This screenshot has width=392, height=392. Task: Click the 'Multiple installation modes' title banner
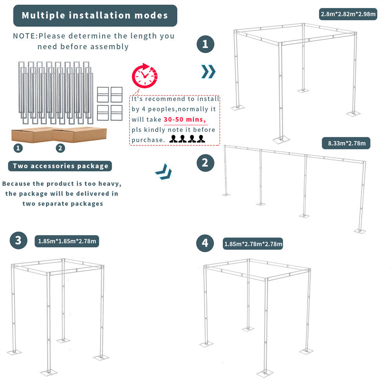pyautogui.click(x=95, y=16)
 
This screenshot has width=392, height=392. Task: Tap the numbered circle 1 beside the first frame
pyautogui.click(x=205, y=44)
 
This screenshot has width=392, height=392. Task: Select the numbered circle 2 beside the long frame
pyautogui.click(x=205, y=162)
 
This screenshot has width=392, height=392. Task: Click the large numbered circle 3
pyautogui.click(x=18, y=240)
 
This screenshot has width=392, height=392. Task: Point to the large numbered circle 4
pyautogui.click(x=205, y=243)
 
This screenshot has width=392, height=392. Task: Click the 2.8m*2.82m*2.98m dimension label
pyautogui.click(x=348, y=15)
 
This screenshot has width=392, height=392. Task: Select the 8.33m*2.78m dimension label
pyautogui.click(x=346, y=143)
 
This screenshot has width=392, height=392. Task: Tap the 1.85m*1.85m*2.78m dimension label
pyautogui.click(x=67, y=241)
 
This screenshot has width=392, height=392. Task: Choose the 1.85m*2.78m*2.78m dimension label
pyautogui.click(x=253, y=244)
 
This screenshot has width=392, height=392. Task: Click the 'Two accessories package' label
pyautogui.click(x=60, y=166)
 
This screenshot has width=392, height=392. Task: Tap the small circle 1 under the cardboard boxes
pyautogui.click(x=17, y=148)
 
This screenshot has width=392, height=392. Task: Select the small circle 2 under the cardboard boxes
pyautogui.click(x=60, y=148)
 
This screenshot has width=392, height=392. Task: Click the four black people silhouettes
pyautogui.click(x=187, y=139)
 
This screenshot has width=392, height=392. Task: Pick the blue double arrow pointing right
pyautogui.click(x=208, y=72)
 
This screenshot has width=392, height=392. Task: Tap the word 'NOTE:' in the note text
pyautogui.click(x=25, y=36)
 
